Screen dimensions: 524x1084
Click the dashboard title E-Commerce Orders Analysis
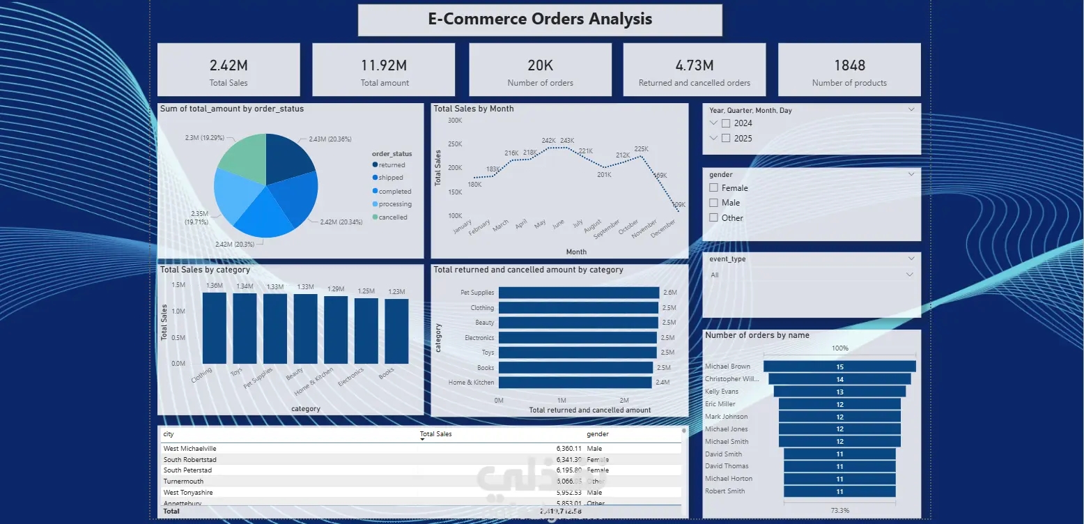(x=540, y=19)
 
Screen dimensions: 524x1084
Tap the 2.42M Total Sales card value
(x=229, y=65)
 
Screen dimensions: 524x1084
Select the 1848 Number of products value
(x=849, y=65)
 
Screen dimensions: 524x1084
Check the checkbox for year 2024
(x=726, y=123)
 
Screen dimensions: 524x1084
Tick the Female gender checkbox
(x=713, y=188)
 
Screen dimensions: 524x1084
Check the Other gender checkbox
(x=713, y=217)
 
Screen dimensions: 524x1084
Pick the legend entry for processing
(x=395, y=204)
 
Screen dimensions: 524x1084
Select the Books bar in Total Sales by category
(x=396, y=331)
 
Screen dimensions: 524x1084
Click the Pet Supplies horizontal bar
(x=578, y=293)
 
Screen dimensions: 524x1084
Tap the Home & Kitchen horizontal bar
(x=575, y=382)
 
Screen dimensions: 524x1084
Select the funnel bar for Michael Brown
(x=839, y=367)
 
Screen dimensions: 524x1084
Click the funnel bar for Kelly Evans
(x=839, y=392)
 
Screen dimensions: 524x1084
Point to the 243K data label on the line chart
(x=567, y=141)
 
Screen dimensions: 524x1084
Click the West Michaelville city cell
(x=190, y=449)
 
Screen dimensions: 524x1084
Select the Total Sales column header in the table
(x=436, y=434)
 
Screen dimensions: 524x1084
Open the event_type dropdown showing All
(x=811, y=275)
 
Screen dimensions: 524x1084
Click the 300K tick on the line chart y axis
(x=455, y=120)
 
